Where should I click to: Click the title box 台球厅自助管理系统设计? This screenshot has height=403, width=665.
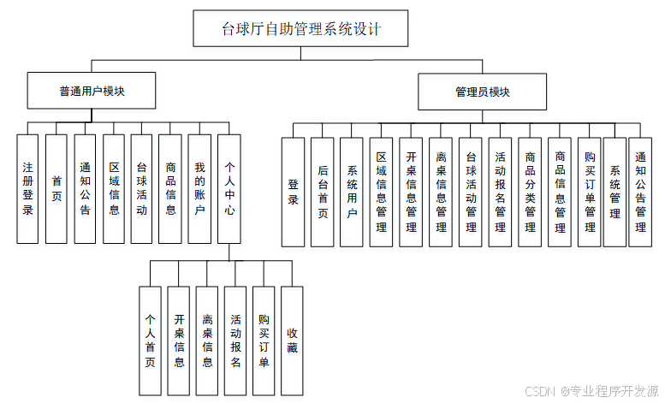300,29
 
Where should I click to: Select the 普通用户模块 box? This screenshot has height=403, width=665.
92,90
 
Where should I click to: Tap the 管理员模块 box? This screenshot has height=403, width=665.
482,92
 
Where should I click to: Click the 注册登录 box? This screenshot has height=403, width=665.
27,188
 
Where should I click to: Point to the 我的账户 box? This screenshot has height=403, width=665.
199,188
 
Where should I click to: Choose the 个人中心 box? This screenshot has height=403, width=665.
229,188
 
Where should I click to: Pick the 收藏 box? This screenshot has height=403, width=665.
292,340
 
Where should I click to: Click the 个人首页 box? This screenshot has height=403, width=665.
150,340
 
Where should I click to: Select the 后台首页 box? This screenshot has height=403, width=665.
322,192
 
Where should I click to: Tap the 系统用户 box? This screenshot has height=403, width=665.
352,192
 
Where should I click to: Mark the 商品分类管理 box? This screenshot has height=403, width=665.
530,192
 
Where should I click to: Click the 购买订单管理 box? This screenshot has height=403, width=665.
589,192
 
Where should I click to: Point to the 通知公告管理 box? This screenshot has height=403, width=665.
640,192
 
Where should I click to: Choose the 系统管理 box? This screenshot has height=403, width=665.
615,192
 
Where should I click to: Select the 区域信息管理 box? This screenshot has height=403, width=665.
382,192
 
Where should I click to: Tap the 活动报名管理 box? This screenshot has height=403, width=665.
500,192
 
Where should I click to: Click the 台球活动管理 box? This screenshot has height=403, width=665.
471,192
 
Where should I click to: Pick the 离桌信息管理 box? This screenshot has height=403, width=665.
441,192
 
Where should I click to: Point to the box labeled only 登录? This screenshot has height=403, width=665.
293,192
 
